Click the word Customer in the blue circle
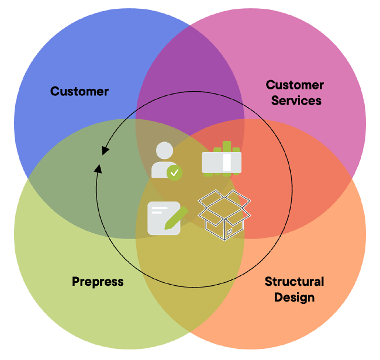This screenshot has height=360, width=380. (80, 91)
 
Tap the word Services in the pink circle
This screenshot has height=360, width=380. (296, 101)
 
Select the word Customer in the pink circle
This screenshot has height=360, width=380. (295, 85)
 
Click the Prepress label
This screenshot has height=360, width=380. (98, 282)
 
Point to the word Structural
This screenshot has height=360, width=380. (294, 282)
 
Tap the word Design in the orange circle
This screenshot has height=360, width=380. (294, 297)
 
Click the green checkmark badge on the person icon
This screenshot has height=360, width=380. (174, 172)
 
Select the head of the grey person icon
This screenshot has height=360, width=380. (165, 151)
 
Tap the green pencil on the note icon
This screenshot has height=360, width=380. (176, 217)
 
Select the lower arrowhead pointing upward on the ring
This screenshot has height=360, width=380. (98, 169)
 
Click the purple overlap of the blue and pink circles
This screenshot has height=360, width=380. (190, 70)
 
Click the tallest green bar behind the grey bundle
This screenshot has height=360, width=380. (227, 146)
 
